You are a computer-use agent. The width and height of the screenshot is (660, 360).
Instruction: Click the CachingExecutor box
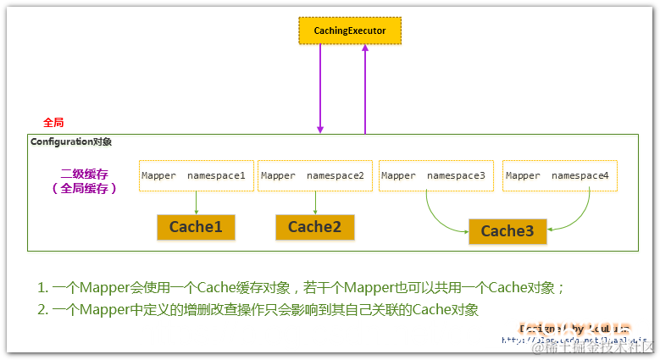(349, 30)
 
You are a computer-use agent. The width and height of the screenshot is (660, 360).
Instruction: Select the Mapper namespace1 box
(196, 175)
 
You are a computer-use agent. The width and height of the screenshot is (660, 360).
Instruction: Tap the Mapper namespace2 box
(314, 175)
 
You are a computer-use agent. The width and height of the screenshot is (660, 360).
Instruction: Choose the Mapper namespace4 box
(559, 175)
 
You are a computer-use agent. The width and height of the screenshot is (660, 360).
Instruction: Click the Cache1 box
(195, 227)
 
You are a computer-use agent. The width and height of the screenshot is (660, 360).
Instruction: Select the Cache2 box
(314, 227)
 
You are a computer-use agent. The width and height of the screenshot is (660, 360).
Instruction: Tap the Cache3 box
(507, 231)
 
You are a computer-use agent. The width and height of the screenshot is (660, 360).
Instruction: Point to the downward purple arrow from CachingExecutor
(320, 89)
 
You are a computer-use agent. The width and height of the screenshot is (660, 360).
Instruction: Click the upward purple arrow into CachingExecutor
(365, 89)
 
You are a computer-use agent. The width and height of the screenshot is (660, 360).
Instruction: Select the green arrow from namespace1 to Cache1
(196, 202)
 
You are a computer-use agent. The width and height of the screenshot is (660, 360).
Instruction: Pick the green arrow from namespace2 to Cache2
(315, 202)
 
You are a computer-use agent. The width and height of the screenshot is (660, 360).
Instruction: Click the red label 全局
(54, 123)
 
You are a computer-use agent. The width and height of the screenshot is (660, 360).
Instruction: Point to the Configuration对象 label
(71, 142)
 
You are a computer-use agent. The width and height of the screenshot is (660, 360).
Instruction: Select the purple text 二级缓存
(81, 174)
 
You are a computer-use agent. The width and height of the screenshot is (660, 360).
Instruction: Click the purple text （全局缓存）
(84, 189)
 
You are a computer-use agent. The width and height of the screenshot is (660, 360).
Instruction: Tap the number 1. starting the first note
(42, 288)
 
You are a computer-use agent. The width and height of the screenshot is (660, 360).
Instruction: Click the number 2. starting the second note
(42, 310)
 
